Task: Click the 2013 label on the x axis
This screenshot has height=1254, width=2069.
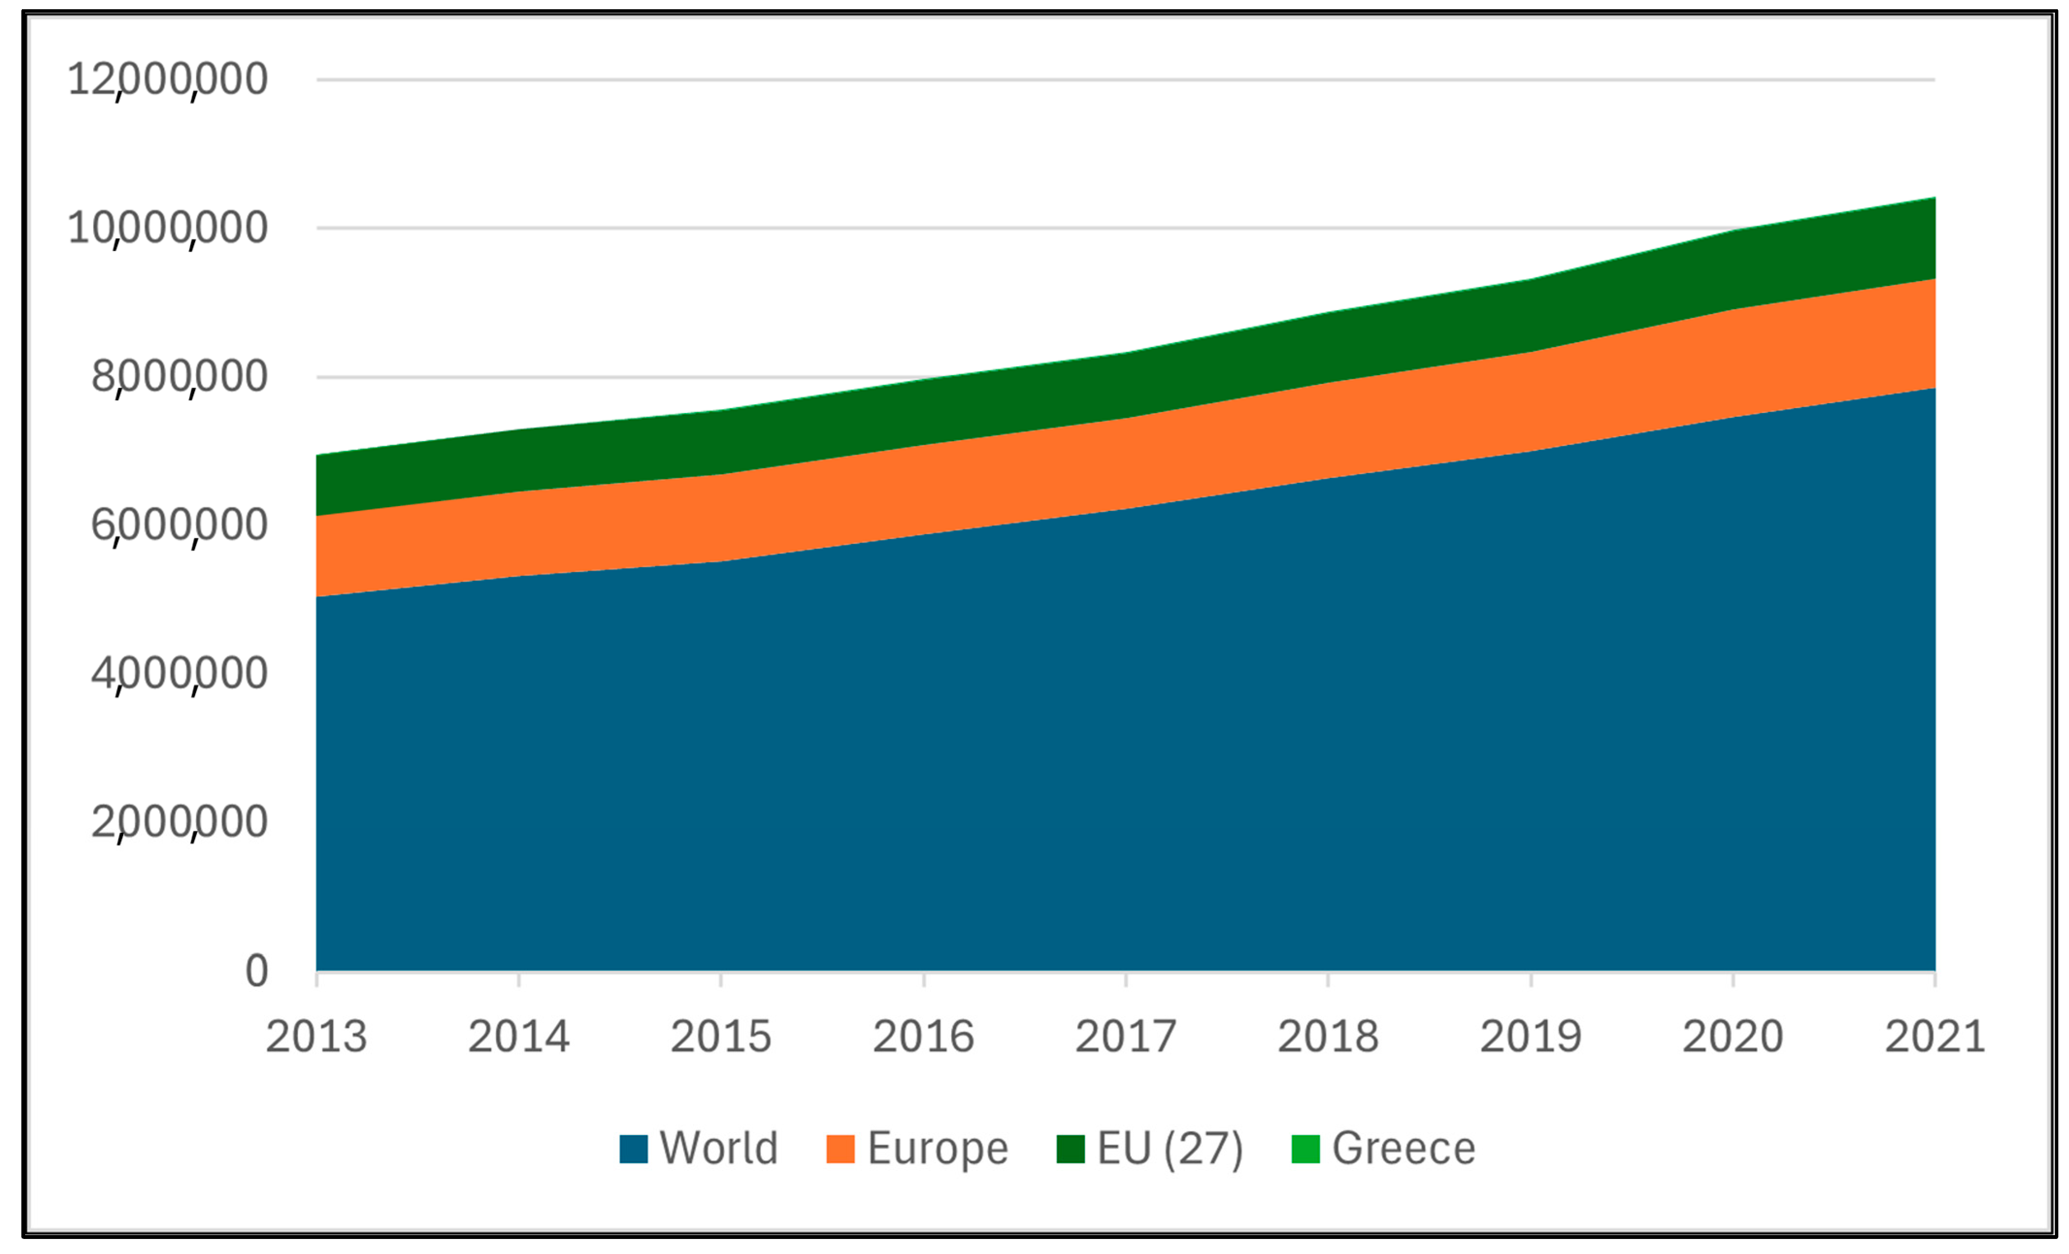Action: tap(316, 1037)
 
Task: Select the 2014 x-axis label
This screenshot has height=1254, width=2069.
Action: tap(519, 1037)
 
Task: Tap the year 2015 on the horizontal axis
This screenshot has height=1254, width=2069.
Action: tap(721, 1037)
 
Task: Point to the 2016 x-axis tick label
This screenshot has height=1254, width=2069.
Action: tap(924, 1037)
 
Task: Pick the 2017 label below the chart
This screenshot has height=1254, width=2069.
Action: tap(1126, 1037)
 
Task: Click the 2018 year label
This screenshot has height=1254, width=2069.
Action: tap(1329, 1037)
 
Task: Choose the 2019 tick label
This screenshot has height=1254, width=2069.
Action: tap(1531, 1037)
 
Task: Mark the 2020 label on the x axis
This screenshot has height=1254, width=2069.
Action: tap(1733, 1037)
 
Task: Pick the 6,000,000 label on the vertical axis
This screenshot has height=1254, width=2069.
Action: tap(180, 525)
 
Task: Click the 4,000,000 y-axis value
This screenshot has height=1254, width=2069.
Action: tap(180, 674)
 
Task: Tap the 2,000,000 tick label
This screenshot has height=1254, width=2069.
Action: tap(180, 822)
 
